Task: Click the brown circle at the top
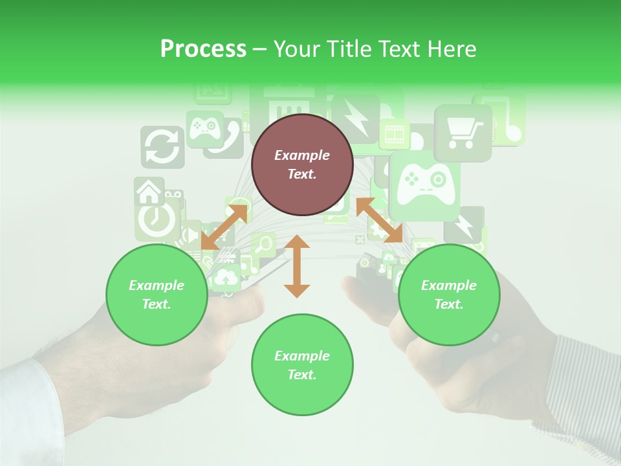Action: [302, 164]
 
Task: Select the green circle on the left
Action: [157, 294]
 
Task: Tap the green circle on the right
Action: [448, 294]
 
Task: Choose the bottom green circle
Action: [302, 365]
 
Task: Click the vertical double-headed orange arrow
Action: [297, 266]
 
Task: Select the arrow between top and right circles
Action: [379, 221]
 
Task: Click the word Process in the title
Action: [203, 49]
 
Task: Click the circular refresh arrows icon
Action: [162, 147]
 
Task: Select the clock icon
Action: [157, 219]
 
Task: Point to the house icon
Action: [149, 190]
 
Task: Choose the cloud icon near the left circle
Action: [226, 277]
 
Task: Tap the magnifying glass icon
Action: [264, 245]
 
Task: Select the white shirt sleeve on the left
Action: [29, 408]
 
